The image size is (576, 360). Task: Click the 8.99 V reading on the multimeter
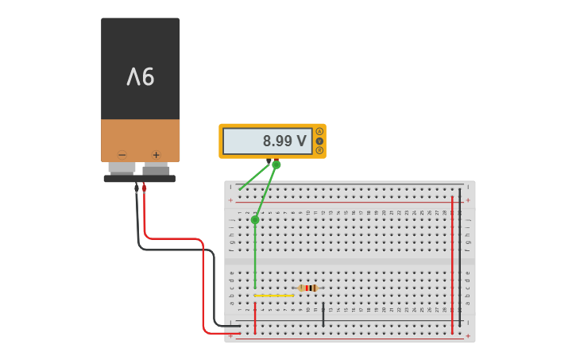[284, 141]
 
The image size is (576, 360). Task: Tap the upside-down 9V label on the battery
[141, 76]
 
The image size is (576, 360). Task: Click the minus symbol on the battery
[122, 155]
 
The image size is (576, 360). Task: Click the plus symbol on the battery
[157, 155]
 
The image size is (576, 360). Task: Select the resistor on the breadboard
[308, 288]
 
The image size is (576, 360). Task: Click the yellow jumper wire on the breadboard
[273, 296]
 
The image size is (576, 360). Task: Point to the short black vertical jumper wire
[323, 314]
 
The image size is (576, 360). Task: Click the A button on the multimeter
[320, 131]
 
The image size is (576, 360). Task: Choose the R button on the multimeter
[320, 150]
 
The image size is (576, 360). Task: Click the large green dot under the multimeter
[276, 165]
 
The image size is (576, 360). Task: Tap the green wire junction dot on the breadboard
[255, 220]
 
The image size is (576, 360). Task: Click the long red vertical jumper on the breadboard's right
[452, 262]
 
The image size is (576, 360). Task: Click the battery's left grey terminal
[122, 168]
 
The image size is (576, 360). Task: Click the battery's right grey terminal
[156, 168]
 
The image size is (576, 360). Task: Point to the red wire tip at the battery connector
[144, 188]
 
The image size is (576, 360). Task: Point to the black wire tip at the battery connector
[137, 189]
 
